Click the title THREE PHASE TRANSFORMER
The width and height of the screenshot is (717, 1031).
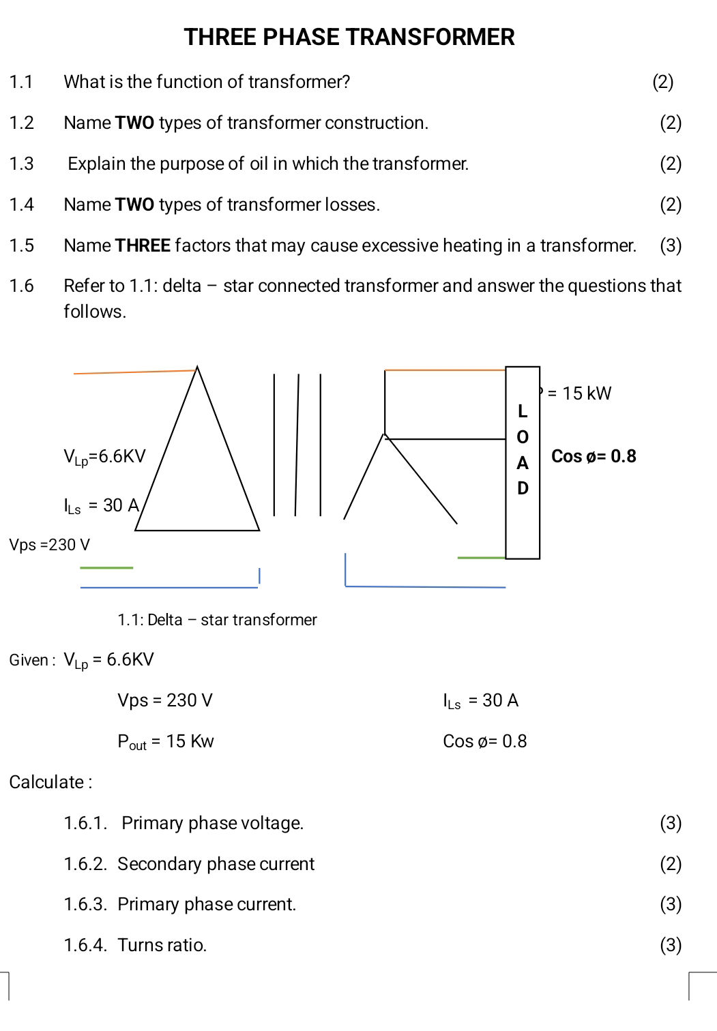(x=349, y=37)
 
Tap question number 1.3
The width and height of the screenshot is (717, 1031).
(x=21, y=164)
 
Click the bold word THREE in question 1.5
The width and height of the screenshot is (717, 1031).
(x=143, y=245)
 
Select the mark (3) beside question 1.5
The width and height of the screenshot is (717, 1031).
(x=670, y=245)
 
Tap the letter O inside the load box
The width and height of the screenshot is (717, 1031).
(x=523, y=437)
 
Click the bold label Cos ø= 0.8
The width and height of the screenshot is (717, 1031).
(x=593, y=456)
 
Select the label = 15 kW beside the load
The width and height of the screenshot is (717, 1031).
(x=579, y=393)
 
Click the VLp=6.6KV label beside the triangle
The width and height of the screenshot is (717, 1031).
(x=104, y=457)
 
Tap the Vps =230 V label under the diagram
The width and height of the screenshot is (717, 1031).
(x=49, y=545)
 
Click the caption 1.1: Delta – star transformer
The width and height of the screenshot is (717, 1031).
(x=217, y=620)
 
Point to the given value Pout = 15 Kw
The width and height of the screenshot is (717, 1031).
(x=166, y=742)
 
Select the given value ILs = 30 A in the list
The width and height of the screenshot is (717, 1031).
(x=480, y=701)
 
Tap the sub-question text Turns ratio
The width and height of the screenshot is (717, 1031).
(x=162, y=945)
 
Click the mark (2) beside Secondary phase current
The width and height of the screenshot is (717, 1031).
(x=670, y=864)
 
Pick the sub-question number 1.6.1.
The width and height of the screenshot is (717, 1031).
(x=85, y=823)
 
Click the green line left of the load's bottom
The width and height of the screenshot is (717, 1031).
(x=481, y=558)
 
